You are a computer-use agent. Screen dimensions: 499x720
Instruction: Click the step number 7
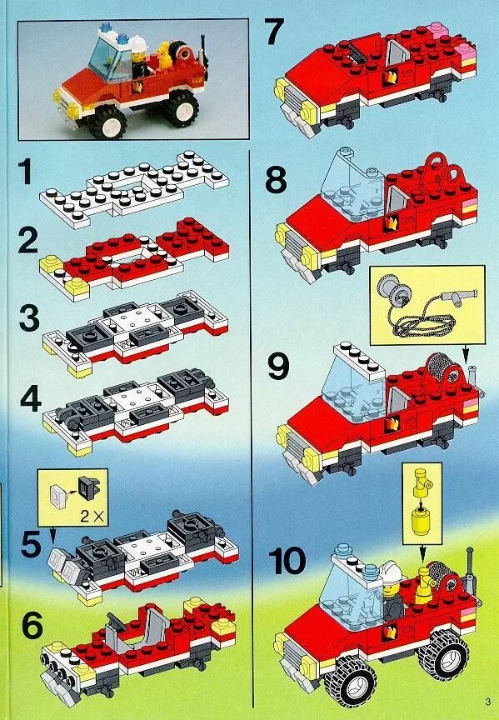coord(274,32)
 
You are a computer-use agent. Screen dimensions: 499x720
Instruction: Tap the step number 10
coord(287,560)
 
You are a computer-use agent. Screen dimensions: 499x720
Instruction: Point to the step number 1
coord(25,172)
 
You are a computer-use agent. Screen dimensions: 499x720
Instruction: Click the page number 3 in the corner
coord(487,702)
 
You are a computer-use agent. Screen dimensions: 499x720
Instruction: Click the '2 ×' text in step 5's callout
coord(92,516)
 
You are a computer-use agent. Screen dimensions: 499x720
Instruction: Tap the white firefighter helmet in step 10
coord(392,571)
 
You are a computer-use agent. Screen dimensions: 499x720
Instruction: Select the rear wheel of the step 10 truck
coord(443,654)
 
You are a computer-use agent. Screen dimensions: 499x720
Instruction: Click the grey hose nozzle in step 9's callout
coord(461,295)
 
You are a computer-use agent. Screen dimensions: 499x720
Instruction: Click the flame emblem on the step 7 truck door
coord(392,77)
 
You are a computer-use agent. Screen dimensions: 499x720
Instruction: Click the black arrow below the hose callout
coord(466,352)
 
